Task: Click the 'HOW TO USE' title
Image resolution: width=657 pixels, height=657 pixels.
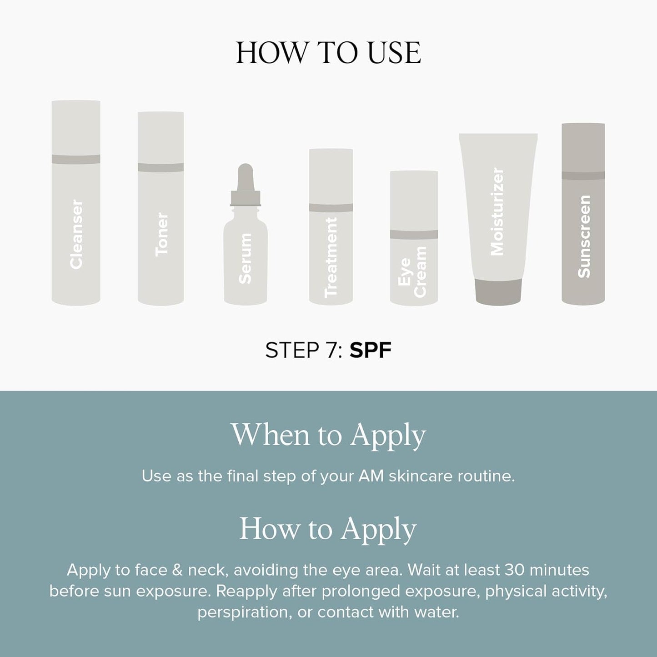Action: [328, 53]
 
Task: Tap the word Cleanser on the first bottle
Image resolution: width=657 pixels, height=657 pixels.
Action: [76, 235]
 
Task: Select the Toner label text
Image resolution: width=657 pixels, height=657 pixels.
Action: [161, 235]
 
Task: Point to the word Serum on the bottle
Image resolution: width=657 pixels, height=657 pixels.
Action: [245, 259]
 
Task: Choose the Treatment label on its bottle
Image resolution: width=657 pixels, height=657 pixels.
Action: [331, 257]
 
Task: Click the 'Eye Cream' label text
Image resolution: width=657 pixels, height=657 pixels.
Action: [412, 272]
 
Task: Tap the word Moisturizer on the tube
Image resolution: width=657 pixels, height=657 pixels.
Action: [497, 212]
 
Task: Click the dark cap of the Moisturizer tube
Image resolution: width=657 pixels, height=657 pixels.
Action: [498, 291]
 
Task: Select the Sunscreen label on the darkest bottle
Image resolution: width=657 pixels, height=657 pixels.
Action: [583, 236]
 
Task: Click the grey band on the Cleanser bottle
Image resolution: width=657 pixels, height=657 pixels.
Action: [76, 159]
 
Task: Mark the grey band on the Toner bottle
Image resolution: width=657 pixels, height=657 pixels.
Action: [161, 167]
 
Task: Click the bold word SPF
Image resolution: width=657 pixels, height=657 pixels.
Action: [370, 351]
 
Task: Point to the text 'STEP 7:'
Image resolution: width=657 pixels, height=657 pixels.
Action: [304, 351]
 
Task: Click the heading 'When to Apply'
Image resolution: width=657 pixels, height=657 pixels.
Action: [328, 435]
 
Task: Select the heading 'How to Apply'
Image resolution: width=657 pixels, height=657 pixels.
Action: [328, 529]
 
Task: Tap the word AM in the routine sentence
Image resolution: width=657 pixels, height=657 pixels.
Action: [370, 476]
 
